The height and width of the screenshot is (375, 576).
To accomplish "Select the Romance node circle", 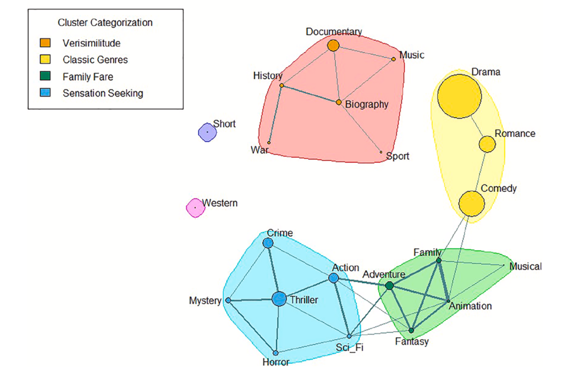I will tap(487, 144).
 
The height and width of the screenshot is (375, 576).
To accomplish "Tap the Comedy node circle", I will tap(471, 203).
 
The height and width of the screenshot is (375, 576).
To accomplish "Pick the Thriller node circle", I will tap(279, 299).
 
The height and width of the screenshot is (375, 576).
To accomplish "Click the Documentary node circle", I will tap(333, 46).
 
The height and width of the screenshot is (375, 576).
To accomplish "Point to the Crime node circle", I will tap(268, 243).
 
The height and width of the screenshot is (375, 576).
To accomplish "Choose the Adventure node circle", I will tap(389, 286).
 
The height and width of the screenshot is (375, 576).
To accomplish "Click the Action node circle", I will tap(334, 278).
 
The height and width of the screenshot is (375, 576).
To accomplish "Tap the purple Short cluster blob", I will tap(207, 132).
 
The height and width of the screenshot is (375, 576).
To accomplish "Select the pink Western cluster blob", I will tap(195, 207).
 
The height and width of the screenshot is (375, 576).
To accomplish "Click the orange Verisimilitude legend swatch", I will tap(46, 43).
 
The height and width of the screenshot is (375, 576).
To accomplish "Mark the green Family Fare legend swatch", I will tap(46, 76).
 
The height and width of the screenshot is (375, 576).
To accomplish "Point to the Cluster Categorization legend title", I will tap(105, 22).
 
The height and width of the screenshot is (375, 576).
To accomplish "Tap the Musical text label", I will tap(525, 266).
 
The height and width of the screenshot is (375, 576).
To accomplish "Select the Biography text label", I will tap(367, 104).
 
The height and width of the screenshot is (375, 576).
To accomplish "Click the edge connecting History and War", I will tap(275, 114).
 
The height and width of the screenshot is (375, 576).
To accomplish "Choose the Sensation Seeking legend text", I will tap(102, 93).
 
